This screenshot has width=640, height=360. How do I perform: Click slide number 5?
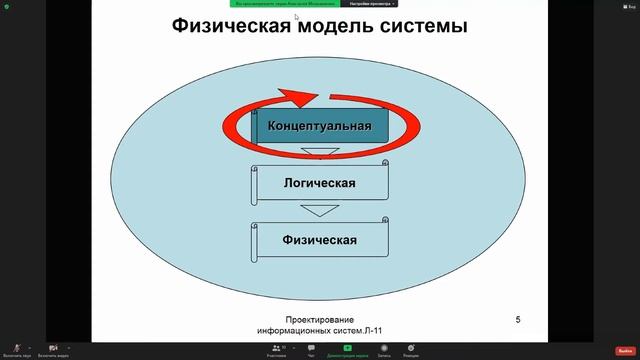click(x=517, y=320)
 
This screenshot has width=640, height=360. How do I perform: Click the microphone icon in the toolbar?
click(x=16, y=348)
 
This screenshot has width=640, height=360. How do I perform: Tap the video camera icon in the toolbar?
click(x=52, y=348)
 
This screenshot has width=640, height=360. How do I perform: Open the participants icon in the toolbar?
click(x=277, y=348)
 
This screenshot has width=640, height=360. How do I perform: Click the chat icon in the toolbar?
click(x=311, y=348)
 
